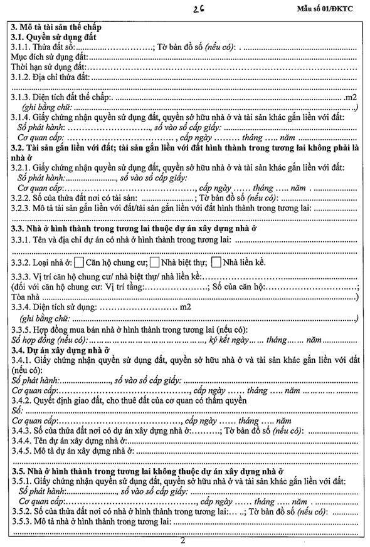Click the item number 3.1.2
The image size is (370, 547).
[x=23, y=77]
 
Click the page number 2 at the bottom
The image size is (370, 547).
[x=182, y=540]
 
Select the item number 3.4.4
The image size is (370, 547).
[x=23, y=440]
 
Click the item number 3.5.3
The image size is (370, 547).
[x=23, y=521]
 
